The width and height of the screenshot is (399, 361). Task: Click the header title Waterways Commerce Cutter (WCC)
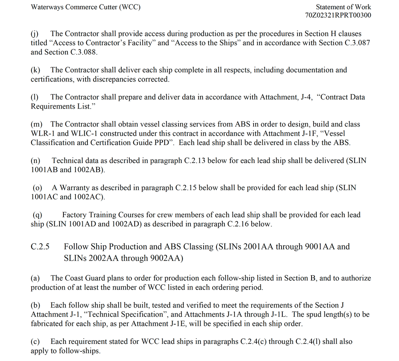[x=85, y=8]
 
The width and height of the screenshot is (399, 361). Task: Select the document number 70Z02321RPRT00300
[x=338, y=16]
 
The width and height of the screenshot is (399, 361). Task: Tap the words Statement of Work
[x=343, y=7]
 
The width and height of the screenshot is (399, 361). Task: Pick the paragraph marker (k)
[x=35, y=70]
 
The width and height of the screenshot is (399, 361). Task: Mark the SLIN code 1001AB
[x=44, y=170]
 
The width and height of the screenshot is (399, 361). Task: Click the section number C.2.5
[x=40, y=247]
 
